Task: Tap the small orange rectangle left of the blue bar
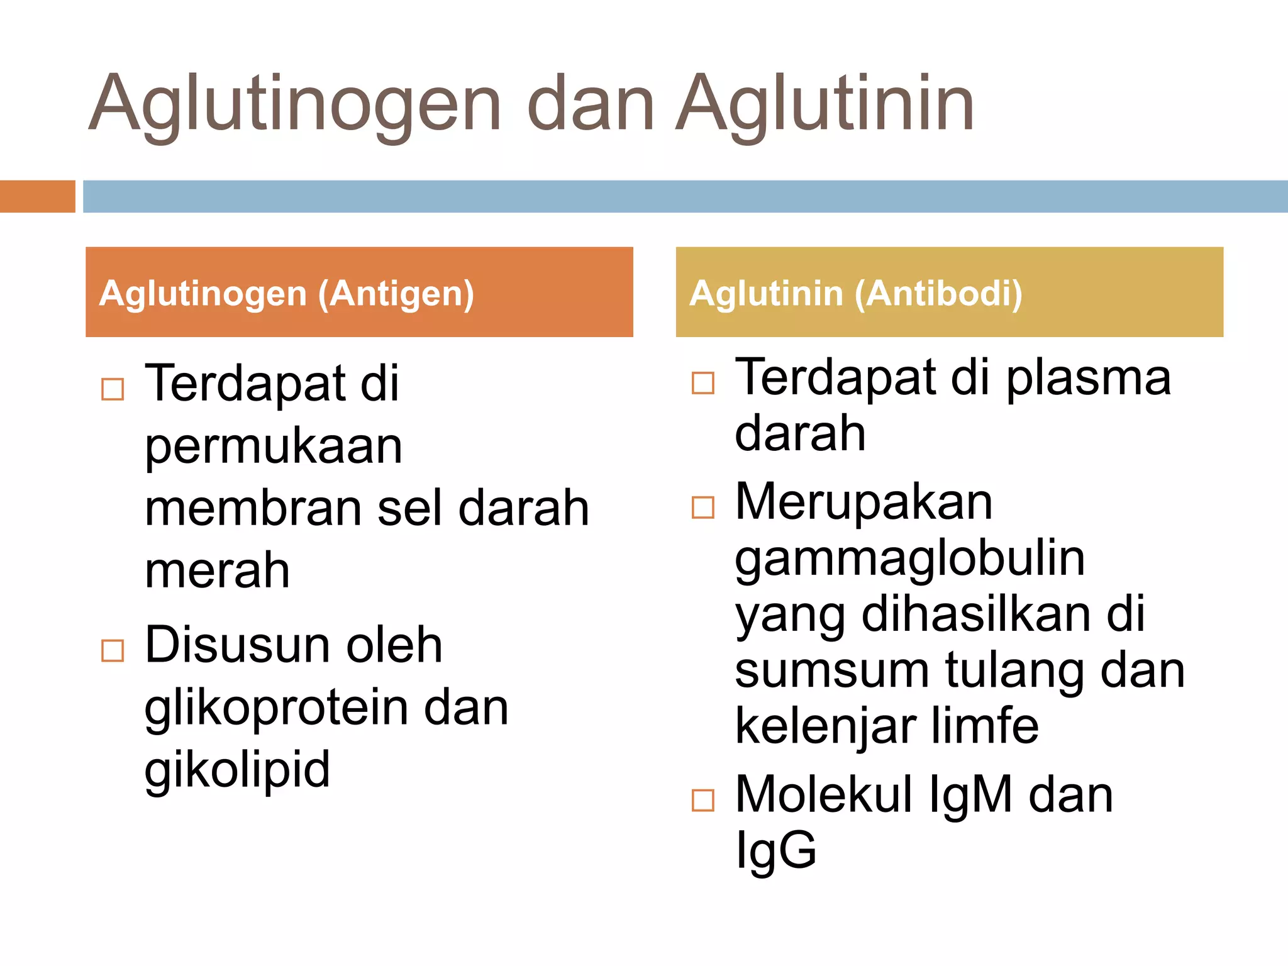coord(37,196)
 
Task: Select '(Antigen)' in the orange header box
coord(396,294)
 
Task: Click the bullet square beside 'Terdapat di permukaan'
coord(113,389)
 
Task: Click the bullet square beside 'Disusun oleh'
coord(113,650)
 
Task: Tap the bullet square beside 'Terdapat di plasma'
coord(702,382)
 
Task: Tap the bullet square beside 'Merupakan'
coord(702,507)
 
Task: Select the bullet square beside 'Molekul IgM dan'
coord(702,800)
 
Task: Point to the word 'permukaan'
coord(274,448)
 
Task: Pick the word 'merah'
coord(218,570)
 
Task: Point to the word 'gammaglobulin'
coord(910,559)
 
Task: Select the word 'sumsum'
coord(831,670)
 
